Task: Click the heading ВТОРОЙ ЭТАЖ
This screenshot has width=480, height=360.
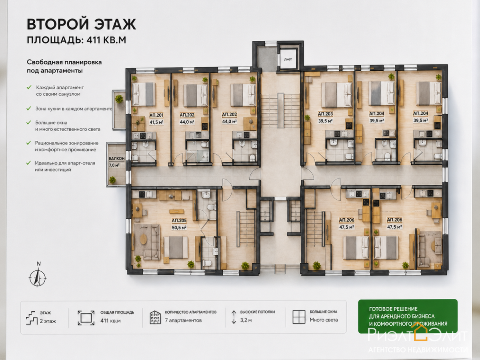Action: click(x=81, y=24)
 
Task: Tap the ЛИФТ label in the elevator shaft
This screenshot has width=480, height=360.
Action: click(x=288, y=60)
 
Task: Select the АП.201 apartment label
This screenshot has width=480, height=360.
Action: click(x=156, y=115)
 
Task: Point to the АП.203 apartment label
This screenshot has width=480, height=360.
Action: click(x=325, y=114)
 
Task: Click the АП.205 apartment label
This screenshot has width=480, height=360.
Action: click(x=179, y=221)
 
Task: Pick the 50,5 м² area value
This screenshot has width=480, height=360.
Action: click(x=179, y=228)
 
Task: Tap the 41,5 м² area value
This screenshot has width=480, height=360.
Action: click(x=156, y=122)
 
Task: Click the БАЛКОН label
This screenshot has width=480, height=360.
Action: click(x=117, y=158)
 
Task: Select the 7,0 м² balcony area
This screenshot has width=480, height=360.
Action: click(x=114, y=165)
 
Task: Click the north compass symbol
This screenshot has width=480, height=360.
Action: click(x=38, y=276)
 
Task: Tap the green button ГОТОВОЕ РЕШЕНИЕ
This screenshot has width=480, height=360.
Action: click(x=408, y=316)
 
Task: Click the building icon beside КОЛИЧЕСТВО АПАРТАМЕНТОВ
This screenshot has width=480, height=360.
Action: click(x=155, y=317)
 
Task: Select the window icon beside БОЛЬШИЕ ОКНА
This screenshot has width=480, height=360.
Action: click(x=299, y=317)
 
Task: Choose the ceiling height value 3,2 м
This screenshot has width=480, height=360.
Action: click(x=246, y=320)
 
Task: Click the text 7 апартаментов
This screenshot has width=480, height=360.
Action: click(x=183, y=320)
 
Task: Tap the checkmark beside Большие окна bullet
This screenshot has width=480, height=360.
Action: click(x=29, y=123)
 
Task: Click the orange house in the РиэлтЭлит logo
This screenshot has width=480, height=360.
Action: click(x=419, y=331)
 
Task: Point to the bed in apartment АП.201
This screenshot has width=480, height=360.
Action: click(x=144, y=94)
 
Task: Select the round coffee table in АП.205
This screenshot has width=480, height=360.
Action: click(x=143, y=239)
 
